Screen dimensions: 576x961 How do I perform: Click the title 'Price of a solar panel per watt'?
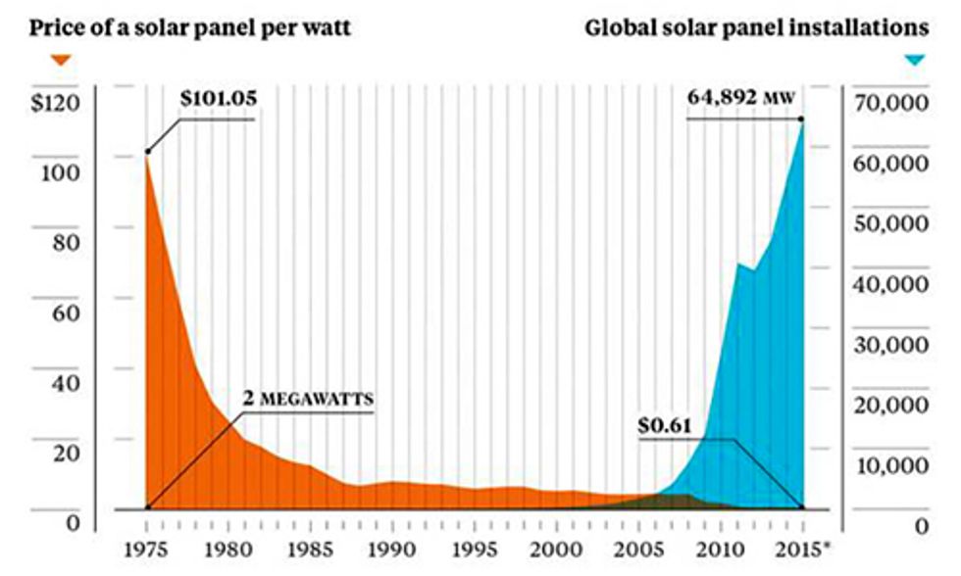point(190,27)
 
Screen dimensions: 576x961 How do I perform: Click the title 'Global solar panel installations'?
point(756,27)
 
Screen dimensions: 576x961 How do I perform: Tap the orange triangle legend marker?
point(61,60)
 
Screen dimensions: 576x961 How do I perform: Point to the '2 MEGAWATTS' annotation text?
point(309,400)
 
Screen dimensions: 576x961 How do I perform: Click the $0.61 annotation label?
point(666,426)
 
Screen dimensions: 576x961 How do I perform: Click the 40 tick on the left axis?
point(67,383)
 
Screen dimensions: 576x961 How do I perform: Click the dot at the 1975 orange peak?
point(147,152)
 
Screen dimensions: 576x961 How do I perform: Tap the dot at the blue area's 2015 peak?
point(802,120)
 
